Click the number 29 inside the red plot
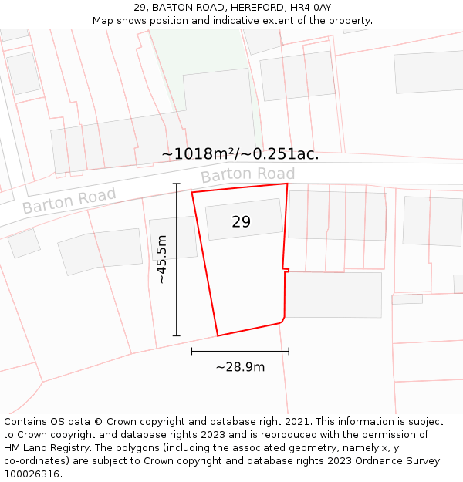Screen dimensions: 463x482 click(241, 222)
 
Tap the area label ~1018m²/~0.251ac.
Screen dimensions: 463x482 click(240, 154)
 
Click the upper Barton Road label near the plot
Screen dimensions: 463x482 click(248, 175)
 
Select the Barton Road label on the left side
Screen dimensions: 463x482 click(69, 201)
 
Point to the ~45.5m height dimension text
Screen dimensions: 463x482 click(162, 260)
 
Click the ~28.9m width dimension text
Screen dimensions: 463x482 click(240, 367)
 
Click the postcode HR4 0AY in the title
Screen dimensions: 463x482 click(313, 7)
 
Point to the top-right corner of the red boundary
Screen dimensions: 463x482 click(287, 184)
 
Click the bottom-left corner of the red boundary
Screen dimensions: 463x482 click(218, 335)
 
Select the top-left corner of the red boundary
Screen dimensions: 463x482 click(192, 191)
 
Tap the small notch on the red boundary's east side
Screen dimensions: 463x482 click(286, 269)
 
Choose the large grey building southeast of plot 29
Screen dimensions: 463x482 click(333, 295)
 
